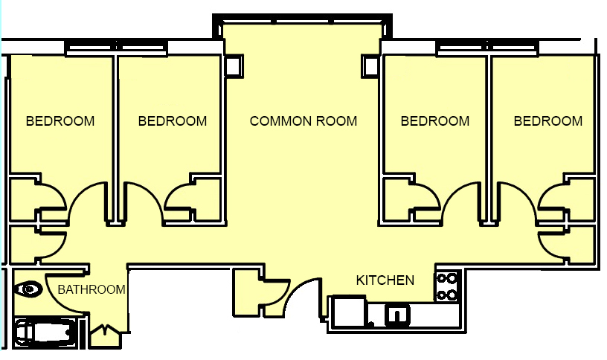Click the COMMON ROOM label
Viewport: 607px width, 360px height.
pyautogui.click(x=303, y=121)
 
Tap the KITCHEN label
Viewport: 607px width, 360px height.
pyautogui.click(x=385, y=280)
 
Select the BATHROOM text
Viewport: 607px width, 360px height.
pyautogui.click(x=91, y=289)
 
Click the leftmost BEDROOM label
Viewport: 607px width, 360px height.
pyautogui.click(x=60, y=121)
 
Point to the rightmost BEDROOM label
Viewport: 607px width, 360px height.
pyautogui.click(x=547, y=121)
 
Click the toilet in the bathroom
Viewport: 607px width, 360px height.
pyautogui.click(x=28, y=289)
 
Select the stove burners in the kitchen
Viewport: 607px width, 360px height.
pyautogui.click(x=447, y=286)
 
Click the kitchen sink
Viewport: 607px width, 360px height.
pyautogui.click(x=396, y=314)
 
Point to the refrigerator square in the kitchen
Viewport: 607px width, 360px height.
pyautogui.click(x=349, y=311)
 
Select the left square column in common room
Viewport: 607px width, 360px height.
pyautogui.click(x=234, y=66)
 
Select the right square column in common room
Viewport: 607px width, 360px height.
pyautogui.click(x=370, y=66)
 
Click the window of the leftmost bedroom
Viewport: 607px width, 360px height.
pyautogui.click(x=90, y=49)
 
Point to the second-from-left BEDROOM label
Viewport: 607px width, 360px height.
pyautogui.click(x=173, y=121)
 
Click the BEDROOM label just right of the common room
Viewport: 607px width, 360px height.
pyautogui.click(x=434, y=121)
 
